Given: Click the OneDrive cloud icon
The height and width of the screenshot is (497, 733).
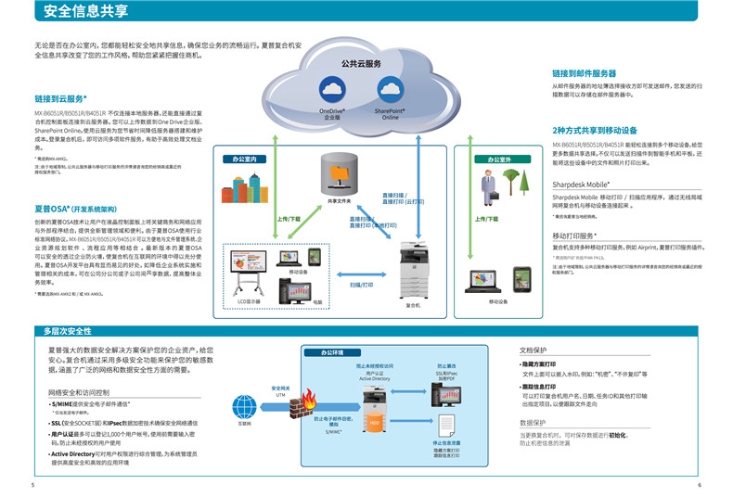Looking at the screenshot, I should (x=331, y=89).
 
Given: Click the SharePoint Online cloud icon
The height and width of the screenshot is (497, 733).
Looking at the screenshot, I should (x=391, y=89).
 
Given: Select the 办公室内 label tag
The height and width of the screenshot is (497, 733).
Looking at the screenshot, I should (x=245, y=159).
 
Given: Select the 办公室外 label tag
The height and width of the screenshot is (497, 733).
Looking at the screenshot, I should (x=493, y=159).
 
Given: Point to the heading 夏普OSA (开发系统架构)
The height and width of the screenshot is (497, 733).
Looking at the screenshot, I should (x=75, y=210).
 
